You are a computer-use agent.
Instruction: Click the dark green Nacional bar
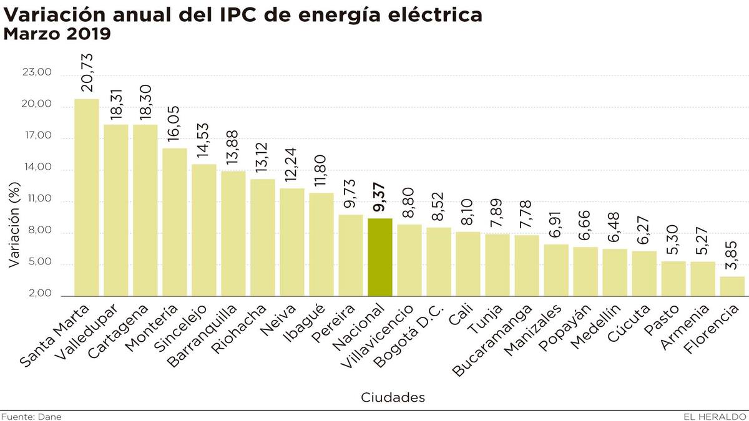tap(380, 257)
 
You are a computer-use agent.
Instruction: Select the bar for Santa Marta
tap(86, 197)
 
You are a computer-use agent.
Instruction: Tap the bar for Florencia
tap(732, 286)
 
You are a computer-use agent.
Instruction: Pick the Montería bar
tap(174, 222)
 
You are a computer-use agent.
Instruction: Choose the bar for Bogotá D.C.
tap(439, 262)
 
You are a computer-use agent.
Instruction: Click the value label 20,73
tap(86, 72)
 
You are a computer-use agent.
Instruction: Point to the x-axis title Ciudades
tap(393, 397)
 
